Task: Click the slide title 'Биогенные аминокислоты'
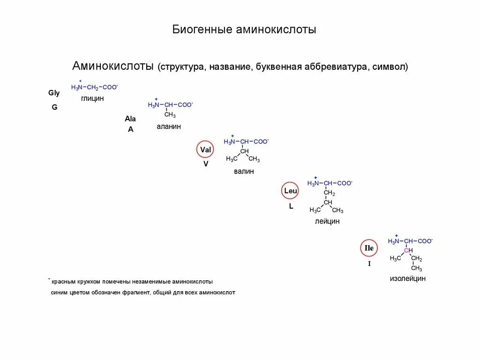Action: click(x=244, y=30)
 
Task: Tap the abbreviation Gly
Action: click(x=54, y=93)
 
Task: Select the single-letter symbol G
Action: click(x=54, y=107)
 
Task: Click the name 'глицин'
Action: click(x=92, y=98)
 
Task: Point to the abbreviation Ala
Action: click(x=130, y=119)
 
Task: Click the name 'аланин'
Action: click(x=169, y=127)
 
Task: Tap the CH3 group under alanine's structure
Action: click(x=170, y=115)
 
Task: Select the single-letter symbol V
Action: click(x=206, y=164)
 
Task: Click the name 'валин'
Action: click(x=244, y=172)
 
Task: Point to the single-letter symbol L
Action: click(x=291, y=206)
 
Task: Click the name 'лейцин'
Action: click(x=327, y=221)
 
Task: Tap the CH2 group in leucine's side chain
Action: click(x=329, y=193)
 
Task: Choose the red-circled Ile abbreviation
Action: click(x=369, y=248)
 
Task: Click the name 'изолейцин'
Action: click(x=408, y=278)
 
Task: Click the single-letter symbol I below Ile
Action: click(x=369, y=264)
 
